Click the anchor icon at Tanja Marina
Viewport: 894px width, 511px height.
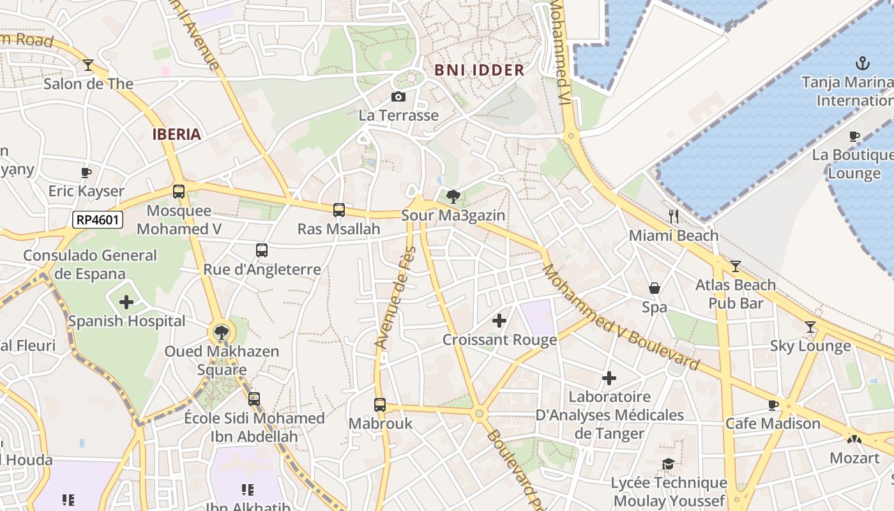(x=863, y=63)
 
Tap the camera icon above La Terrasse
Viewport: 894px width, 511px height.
(x=398, y=96)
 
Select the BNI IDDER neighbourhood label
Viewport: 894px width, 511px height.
(x=479, y=70)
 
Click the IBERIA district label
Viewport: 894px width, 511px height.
(x=177, y=134)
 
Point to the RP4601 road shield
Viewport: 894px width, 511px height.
(x=97, y=220)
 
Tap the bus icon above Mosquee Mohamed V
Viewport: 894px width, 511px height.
(x=179, y=191)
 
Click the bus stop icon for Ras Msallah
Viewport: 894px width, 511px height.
(x=339, y=210)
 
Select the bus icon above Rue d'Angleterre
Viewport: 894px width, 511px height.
(x=262, y=250)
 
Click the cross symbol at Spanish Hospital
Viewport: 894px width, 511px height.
(x=126, y=301)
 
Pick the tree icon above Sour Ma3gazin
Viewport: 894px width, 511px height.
(x=453, y=196)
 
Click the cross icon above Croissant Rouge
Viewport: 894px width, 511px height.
(x=499, y=321)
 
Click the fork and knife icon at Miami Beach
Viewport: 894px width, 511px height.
(x=673, y=217)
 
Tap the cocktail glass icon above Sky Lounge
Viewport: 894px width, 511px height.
(x=810, y=327)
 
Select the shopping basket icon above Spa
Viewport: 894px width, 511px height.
(x=655, y=288)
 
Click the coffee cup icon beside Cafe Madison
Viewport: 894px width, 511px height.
(x=773, y=404)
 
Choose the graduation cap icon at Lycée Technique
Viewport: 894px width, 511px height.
(x=669, y=464)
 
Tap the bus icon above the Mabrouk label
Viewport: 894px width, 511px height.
(x=380, y=404)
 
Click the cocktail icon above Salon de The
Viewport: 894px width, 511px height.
(x=88, y=65)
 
